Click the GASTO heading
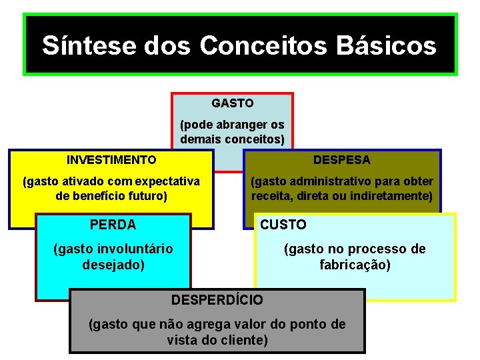point(233,103)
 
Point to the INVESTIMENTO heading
point(111,160)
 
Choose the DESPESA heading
point(342,160)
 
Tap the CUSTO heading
point(283,225)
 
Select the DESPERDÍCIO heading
point(217,300)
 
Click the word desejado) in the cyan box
point(113,264)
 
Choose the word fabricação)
point(355,264)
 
